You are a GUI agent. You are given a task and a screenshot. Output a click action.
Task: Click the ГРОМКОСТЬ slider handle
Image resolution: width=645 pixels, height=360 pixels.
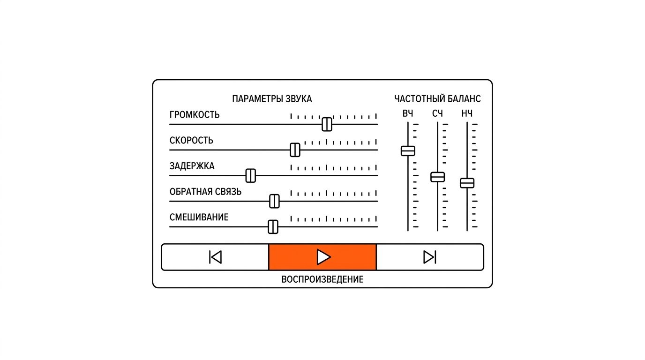[x=327, y=124]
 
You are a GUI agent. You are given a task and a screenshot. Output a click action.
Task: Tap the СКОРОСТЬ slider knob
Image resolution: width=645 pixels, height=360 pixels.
[x=295, y=150]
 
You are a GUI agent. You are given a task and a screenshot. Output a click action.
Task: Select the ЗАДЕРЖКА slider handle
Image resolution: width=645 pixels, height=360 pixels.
[x=250, y=176]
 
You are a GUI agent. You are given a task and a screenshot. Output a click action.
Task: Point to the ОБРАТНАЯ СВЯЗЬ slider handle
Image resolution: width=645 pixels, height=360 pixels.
[x=274, y=201]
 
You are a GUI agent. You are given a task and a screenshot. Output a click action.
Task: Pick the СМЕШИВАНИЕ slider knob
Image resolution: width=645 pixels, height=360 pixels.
[x=273, y=227]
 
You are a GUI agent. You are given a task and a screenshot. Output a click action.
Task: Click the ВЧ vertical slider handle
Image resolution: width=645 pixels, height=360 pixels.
[x=408, y=151]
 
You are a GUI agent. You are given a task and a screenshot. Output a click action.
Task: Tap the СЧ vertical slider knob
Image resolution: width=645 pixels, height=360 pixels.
[x=438, y=177]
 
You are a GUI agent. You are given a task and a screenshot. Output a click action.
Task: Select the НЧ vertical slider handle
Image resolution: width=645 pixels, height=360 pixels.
[x=467, y=183]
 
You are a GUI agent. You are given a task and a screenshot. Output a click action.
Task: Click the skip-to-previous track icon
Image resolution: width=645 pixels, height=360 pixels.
[x=215, y=257]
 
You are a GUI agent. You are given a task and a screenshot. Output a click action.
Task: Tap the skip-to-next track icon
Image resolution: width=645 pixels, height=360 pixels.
[x=430, y=257]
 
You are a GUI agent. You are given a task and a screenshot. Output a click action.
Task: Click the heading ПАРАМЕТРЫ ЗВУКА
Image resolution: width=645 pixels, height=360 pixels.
[x=272, y=99]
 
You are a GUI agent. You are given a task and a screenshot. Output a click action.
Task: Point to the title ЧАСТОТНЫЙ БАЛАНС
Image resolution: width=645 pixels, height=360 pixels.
[x=437, y=99]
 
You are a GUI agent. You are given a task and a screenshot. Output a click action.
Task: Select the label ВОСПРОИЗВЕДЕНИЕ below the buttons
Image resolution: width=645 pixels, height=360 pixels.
[x=322, y=279]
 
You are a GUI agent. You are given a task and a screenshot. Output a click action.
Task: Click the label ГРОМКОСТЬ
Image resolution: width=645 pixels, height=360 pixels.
[x=195, y=115]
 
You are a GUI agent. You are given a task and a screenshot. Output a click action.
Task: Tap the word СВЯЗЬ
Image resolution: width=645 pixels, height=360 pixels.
[x=227, y=192]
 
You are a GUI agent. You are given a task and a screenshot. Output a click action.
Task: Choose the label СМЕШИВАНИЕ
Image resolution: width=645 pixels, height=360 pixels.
[x=199, y=217]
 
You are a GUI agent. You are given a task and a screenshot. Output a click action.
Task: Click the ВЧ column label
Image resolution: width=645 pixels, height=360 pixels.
[x=408, y=114]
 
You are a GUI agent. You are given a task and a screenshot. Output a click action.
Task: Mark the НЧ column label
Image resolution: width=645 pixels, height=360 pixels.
[x=467, y=114]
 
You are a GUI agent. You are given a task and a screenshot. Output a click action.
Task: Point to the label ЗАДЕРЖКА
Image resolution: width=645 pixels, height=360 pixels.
[x=192, y=166]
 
